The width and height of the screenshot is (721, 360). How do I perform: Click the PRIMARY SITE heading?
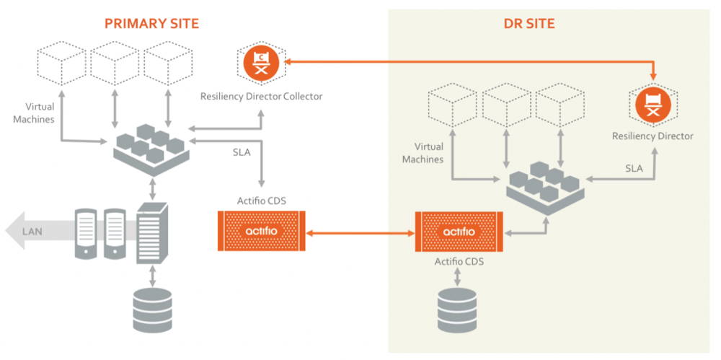pyautogui.click(x=151, y=23)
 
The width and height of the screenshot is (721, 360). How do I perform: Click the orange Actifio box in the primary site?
pyautogui.click(x=262, y=231)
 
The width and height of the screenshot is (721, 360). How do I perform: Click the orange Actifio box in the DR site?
pyautogui.click(x=459, y=232)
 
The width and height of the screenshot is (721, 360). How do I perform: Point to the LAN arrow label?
pyautogui.click(x=32, y=231)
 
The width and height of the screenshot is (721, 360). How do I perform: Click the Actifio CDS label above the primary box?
pyautogui.click(x=262, y=200)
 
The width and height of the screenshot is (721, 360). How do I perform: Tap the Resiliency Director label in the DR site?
pyautogui.click(x=653, y=136)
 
